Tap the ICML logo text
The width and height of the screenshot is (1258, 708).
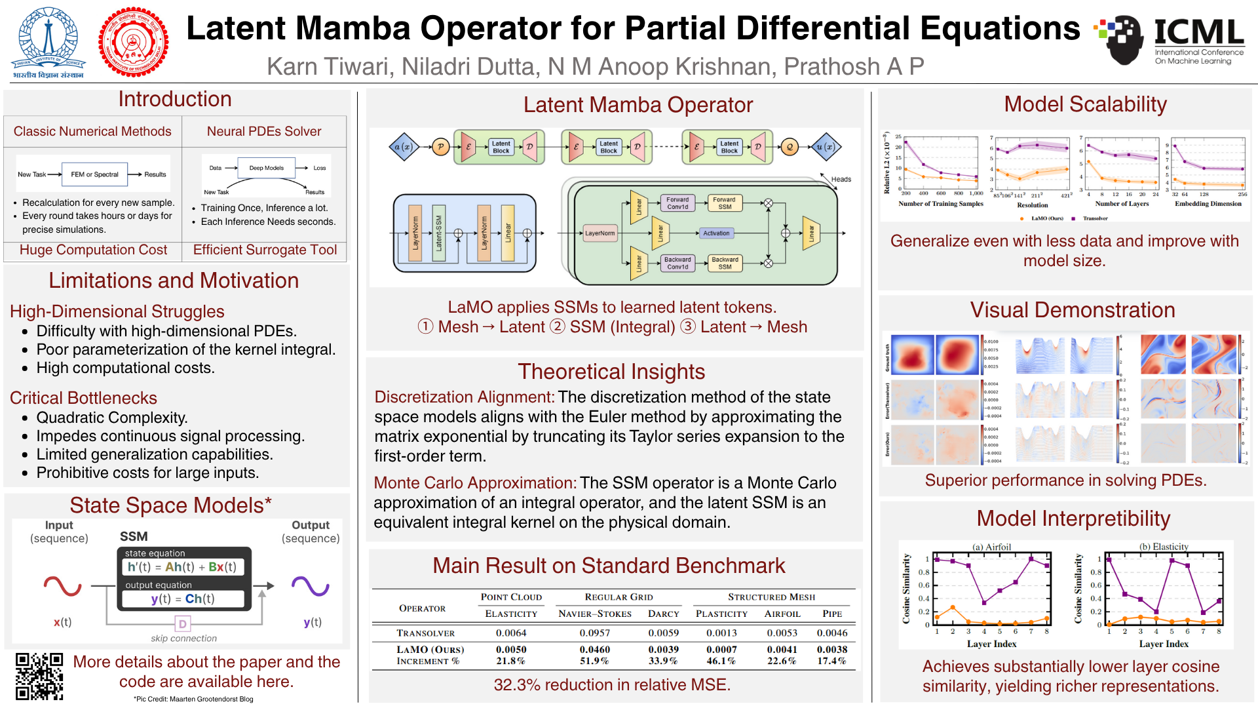click(x=1198, y=33)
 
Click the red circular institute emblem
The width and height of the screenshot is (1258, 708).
click(x=133, y=43)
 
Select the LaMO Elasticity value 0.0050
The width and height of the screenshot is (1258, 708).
click(x=510, y=649)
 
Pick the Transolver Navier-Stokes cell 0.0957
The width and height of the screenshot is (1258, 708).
click(x=594, y=633)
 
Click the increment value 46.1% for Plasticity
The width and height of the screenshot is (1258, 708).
click(x=721, y=661)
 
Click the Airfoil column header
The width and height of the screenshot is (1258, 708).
click(x=782, y=614)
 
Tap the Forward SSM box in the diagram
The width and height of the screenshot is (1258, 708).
click(x=724, y=203)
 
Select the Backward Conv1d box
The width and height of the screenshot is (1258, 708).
click(x=677, y=263)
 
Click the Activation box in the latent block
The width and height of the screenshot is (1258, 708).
click(x=715, y=233)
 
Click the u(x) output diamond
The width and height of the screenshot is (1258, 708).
click(x=825, y=147)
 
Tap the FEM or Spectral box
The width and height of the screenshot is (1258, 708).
click(x=94, y=174)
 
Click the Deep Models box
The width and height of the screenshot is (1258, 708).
click(x=266, y=168)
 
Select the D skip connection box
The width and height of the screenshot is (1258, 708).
click(x=182, y=623)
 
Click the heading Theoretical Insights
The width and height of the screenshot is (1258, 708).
click(x=611, y=372)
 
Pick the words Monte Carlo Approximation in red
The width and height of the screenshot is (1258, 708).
click(x=475, y=483)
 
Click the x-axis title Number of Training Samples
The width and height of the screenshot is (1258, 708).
click(x=940, y=204)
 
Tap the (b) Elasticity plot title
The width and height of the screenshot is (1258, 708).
click(x=1164, y=547)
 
